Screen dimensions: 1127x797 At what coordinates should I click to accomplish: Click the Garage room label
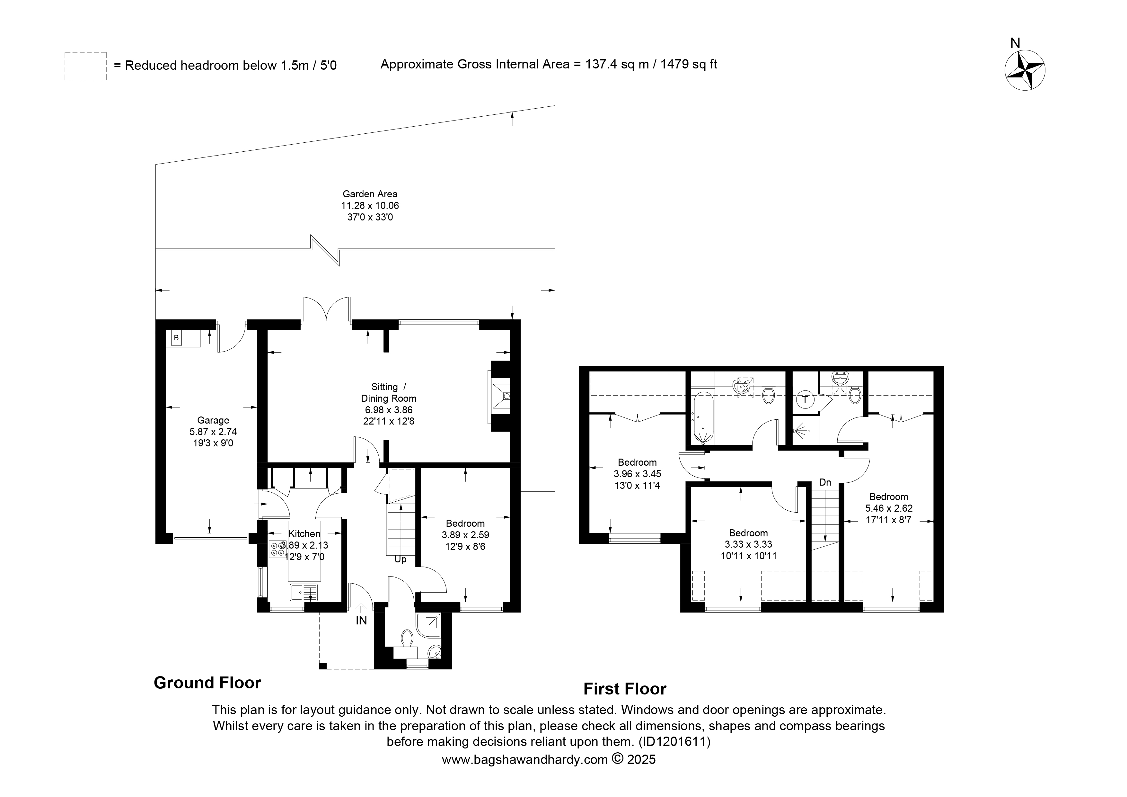click(x=213, y=420)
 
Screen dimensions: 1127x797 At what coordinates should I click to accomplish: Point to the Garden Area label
click(x=370, y=194)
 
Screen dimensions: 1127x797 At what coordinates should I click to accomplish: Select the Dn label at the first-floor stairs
click(x=825, y=483)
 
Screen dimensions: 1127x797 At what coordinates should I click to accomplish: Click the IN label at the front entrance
click(x=361, y=621)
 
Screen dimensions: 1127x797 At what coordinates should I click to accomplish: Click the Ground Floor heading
click(x=207, y=683)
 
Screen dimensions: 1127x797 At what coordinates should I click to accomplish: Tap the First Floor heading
click(x=625, y=689)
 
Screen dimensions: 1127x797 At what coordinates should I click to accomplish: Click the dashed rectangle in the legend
click(x=85, y=66)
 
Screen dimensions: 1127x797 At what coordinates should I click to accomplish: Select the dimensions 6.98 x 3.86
click(x=388, y=410)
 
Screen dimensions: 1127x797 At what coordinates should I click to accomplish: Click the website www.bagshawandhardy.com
click(x=525, y=760)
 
